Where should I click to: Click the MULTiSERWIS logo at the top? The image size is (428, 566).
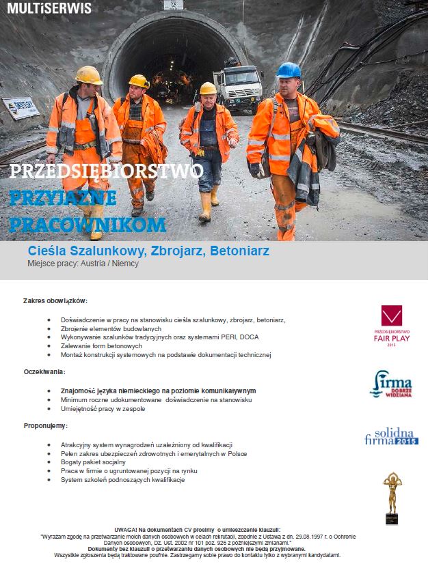[x=46, y=8]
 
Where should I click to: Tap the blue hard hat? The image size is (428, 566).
[x=288, y=70]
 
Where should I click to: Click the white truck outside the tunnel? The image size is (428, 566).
[x=237, y=87]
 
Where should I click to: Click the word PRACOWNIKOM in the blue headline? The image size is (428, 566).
[x=88, y=225]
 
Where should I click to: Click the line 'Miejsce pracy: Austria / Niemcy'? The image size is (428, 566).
[x=83, y=264]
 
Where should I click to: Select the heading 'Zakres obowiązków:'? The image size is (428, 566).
[x=55, y=300]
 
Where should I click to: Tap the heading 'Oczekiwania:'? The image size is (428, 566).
[x=44, y=371]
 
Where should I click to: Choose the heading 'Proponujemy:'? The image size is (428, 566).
[x=45, y=425]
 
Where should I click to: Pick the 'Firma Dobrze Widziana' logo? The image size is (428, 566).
[x=392, y=384]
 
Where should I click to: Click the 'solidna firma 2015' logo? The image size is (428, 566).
[x=391, y=436]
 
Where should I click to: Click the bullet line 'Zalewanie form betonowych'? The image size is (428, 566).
[x=101, y=346]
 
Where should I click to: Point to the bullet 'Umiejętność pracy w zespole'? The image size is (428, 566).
[x=103, y=408]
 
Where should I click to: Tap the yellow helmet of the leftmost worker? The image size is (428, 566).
[x=89, y=74]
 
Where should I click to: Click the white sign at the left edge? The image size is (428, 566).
[x=21, y=107]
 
